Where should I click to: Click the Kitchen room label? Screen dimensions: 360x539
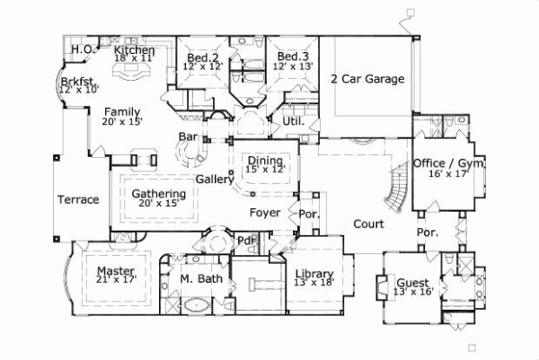(135, 51)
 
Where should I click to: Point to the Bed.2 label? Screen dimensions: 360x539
(201, 56)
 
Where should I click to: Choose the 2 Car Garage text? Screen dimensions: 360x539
(367, 79)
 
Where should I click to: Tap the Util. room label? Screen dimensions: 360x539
(293, 119)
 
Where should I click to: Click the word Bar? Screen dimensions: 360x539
(188, 136)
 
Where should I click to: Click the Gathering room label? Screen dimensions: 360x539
(159, 194)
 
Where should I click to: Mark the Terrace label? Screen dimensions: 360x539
(78, 199)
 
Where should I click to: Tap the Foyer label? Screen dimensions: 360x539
(266, 213)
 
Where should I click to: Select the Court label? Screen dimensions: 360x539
(368, 224)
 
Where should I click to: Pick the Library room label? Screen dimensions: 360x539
(314, 275)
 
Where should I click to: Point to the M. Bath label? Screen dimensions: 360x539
(195, 279)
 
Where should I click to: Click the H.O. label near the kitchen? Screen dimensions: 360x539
(83, 48)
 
